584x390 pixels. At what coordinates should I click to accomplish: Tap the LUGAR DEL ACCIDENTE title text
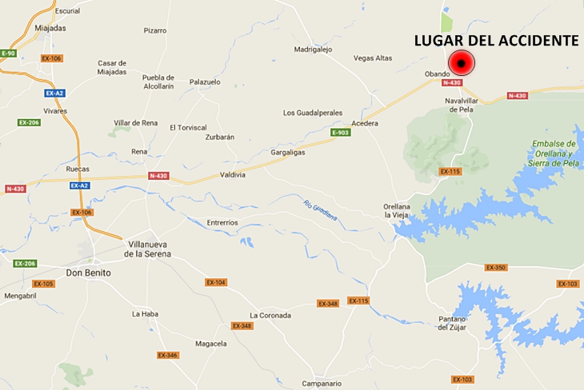(497, 40)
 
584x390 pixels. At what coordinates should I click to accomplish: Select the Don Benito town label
(88, 273)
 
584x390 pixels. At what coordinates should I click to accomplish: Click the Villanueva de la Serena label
(147, 250)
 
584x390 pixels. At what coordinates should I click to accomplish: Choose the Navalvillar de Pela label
(462, 105)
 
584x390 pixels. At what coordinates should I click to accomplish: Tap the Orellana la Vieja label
(397, 211)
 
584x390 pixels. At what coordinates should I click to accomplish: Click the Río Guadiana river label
(320, 209)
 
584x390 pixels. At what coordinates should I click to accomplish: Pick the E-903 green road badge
(341, 133)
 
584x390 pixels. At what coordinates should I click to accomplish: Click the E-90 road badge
(8, 53)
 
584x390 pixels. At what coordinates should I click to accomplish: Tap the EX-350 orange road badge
(495, 268)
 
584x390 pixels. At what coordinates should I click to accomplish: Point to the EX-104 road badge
(216, 282)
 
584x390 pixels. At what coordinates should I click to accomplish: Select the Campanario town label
(322, 384)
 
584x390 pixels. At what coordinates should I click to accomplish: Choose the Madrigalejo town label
(313, 49)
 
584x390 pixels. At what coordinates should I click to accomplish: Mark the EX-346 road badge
(167, 355)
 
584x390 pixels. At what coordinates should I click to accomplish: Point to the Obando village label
(437, 74)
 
